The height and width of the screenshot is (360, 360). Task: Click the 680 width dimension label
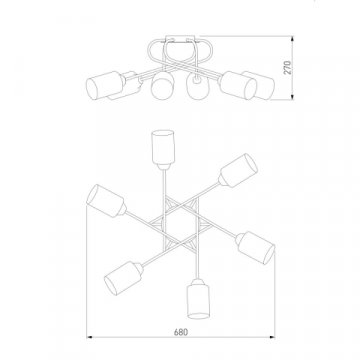[x=181, y=332]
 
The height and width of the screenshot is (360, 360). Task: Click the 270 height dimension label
[x=288, y=67]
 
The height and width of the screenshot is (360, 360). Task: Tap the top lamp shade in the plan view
[x=163, y=147]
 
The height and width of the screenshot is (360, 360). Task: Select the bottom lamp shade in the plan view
[x=198, y=300]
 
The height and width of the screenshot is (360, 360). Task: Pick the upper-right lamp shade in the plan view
[x=239, y=170]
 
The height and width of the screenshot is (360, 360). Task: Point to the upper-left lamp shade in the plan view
[x=105, y=201]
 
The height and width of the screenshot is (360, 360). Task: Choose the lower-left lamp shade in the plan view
[x=121, y=278]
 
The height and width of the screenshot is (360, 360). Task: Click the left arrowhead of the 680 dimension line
[x=89, y=337]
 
